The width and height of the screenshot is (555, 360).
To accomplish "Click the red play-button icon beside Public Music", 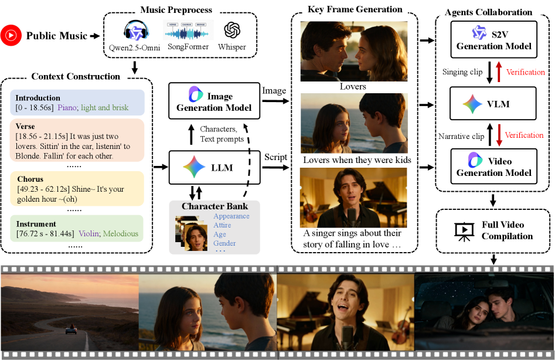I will click(x=10, y=36).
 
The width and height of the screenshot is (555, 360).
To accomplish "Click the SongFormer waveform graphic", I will click(x=188, y=30).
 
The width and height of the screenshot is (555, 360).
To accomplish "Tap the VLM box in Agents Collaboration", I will click(x=493, y=104).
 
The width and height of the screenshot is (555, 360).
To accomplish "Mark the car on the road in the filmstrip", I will click(x=71, y=330).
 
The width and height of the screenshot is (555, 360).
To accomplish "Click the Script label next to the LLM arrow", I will click(x=275, y=158).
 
